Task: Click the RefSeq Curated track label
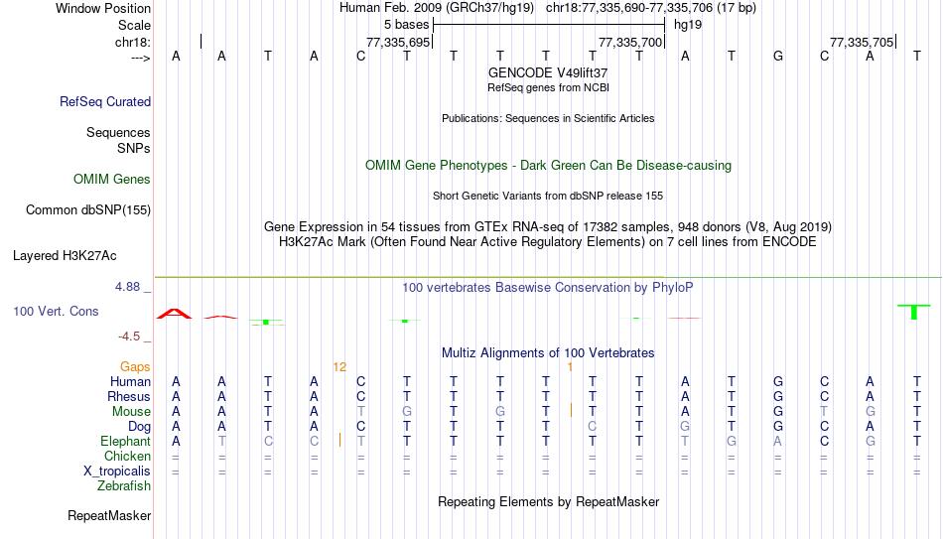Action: pos(105,101)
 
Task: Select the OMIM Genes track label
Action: pos(112,180)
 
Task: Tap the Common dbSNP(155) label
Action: pos(88,210)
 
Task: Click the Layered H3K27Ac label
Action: pos(65,256)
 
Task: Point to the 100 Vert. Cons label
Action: pos(56,311)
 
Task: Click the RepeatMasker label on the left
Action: pos(109,515)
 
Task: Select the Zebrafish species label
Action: pos(124,485)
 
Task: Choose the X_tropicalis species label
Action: pos(117,472)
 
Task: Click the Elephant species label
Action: pos(126,441)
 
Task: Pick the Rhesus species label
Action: pos(129,396)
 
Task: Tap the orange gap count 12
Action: pos(339,367)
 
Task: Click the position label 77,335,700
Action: pos(630,42)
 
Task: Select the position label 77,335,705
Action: pos(862,42)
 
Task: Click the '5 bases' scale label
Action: pos(407,25)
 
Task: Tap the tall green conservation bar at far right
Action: pos(914,312)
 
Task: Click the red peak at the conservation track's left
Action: pos(174,314)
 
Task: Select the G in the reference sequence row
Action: pos(777,56)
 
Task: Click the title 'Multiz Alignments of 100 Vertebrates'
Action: pos(548,353)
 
